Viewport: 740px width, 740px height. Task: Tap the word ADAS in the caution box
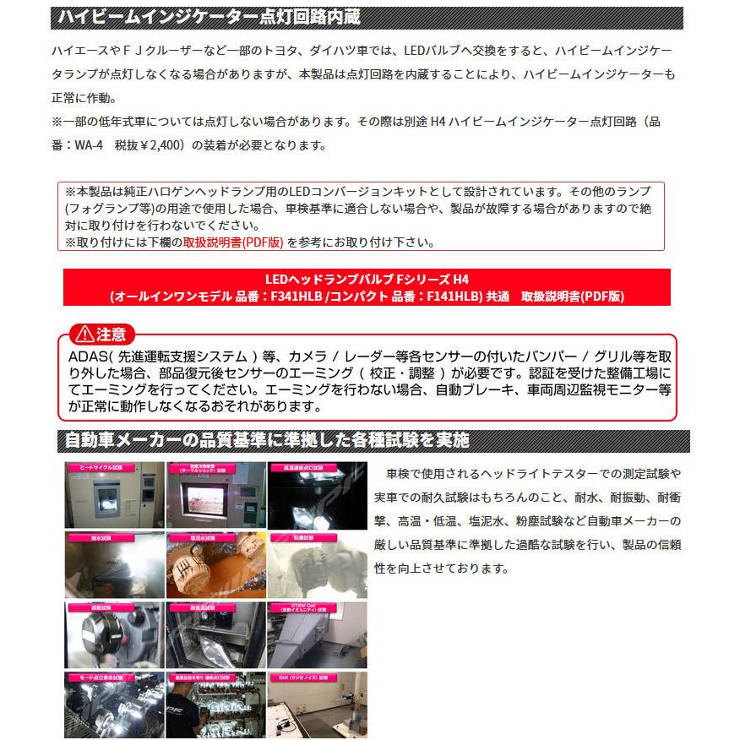click(x=85, y=356)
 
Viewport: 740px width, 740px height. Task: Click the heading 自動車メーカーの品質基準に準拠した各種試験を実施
click(x=266, y=441)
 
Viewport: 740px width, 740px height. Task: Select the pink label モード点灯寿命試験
click(x=100, y=677)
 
